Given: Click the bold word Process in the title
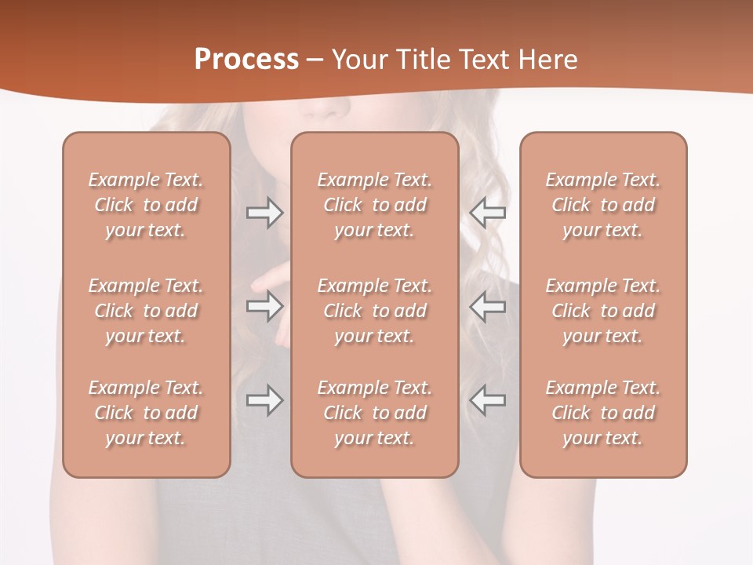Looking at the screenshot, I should [246, 59].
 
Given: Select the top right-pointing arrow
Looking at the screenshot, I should [264, 213].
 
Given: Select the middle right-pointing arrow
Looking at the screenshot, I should [264, 307].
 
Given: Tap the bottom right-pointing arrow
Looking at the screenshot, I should [264, 401].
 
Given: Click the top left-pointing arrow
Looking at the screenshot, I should [487, 213].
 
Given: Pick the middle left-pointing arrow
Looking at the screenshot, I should [487, 307].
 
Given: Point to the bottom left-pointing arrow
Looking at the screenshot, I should [487, 401].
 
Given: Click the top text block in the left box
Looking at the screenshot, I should [146, 205].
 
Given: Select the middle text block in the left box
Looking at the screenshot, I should [146, 311].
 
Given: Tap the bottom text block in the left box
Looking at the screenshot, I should [146, 413].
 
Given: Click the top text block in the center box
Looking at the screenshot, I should [375, 205].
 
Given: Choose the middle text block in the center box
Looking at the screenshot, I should [375, 311].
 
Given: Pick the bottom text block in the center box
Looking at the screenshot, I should [375, 413].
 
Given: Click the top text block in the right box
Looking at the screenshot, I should [603, 205].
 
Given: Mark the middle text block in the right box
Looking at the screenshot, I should [603, 311].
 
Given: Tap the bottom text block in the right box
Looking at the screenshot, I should [603, 413].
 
